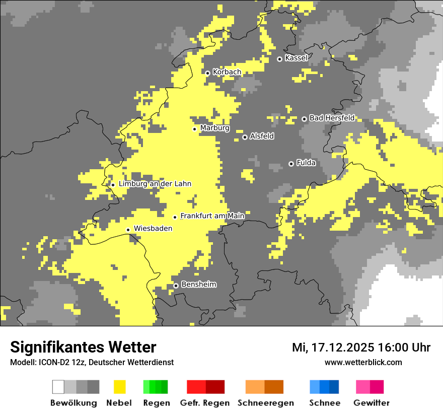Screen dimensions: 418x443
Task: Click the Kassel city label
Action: point(296,58)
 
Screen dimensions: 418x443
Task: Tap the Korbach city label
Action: point(227,72)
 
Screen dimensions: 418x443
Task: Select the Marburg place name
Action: point(214,128)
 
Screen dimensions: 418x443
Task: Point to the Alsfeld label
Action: point(262,136)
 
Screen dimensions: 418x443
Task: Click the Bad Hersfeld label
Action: point(332,118)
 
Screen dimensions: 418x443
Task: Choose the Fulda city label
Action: point(306,163)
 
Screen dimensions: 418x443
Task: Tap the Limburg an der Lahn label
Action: point(155,184)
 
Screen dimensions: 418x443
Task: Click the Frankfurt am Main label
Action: point(212,216)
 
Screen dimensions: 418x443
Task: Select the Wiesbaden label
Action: point(153,229)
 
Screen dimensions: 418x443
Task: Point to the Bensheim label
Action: point(198,285)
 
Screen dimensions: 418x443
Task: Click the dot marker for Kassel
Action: point(279,59)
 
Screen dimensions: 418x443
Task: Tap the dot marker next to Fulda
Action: point(291,164)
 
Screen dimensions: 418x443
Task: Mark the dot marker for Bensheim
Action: point(176,286)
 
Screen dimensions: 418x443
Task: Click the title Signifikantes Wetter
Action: point(83,347)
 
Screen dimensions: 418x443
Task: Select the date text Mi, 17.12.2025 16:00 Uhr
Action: point(361,347)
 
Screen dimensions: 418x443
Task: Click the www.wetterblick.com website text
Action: point(363,362)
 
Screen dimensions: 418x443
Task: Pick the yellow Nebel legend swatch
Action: point(119,387)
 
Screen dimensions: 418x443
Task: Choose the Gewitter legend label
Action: point(371,403)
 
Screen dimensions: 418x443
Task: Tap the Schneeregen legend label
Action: point(265,403)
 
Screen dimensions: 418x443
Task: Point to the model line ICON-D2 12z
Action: point(92,362)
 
